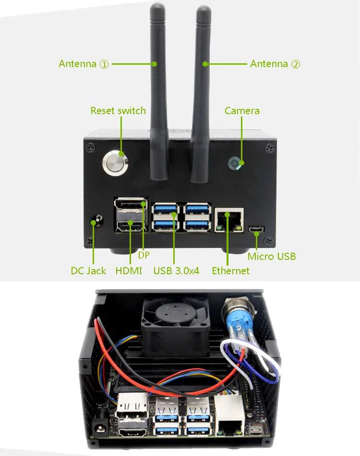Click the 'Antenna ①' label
click(84, 64)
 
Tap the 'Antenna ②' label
click(275, 64)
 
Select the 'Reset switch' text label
click(118, 111)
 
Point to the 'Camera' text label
click(242, 111)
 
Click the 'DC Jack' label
click(88, 271)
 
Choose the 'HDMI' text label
click(129, 271)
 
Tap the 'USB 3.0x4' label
click(176, 271)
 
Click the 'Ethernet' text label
click(230, 271)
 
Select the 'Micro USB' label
click(272, 257)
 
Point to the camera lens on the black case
click(235, 164)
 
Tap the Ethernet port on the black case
click(229, 220)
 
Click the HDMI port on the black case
click(130, 226)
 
